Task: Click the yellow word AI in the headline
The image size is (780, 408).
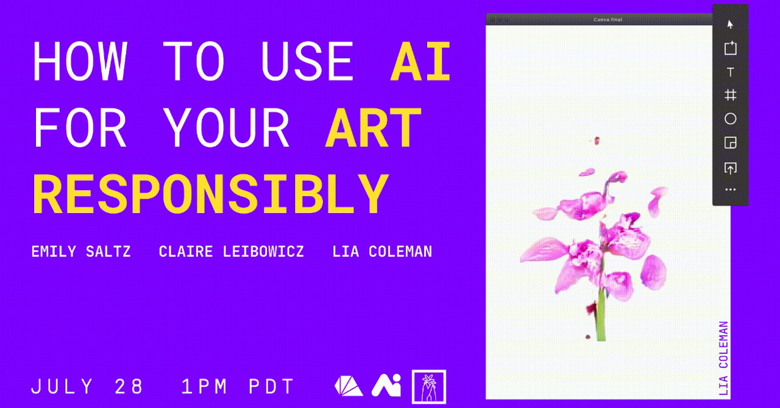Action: pyautogui.click(x=420, y=62)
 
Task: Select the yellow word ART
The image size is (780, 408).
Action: pyautogui.click(x=373, y=127)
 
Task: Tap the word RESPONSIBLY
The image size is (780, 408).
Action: pyautogui.click(x=210, y=194)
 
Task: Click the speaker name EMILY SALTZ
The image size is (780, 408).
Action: pyautogui.click(x=81, y=251)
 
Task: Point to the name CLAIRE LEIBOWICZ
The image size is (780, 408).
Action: pyautogui.click(x=231, y=251)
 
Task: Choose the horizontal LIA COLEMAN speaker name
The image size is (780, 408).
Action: pyautogui.click(x=382, y=251)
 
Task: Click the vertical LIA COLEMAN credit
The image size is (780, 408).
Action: pyautogui.click(x=723, y=358)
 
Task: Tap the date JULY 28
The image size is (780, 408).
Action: pyautogui.click(x=87, y=387)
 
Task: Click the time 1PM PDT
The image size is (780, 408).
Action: pyautogui.click(x=238, y=387)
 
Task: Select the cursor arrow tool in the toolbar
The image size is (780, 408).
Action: pyautogui.click(x=730, y=24)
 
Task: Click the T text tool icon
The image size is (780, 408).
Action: pyautogui.click(x=731, y=72)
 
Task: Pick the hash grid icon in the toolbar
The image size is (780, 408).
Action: pyautogui.click(x=731, y=95)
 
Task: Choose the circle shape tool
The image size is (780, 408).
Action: pyautogui.click(x=731, y=119)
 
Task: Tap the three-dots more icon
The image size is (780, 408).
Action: pyautogui.click(x=731, y=190)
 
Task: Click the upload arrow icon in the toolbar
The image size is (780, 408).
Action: pyautogui.click(x=731, y=168)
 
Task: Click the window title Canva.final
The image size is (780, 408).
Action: pyautogui.click(x=608, y=19)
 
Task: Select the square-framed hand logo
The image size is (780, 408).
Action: pyautogui.click(x=429, y=387)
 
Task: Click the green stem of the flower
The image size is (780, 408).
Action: pyautogui.click(x=601, y=306)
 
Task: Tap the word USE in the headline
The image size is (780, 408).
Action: pyautogui.click(x=307, y=62)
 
